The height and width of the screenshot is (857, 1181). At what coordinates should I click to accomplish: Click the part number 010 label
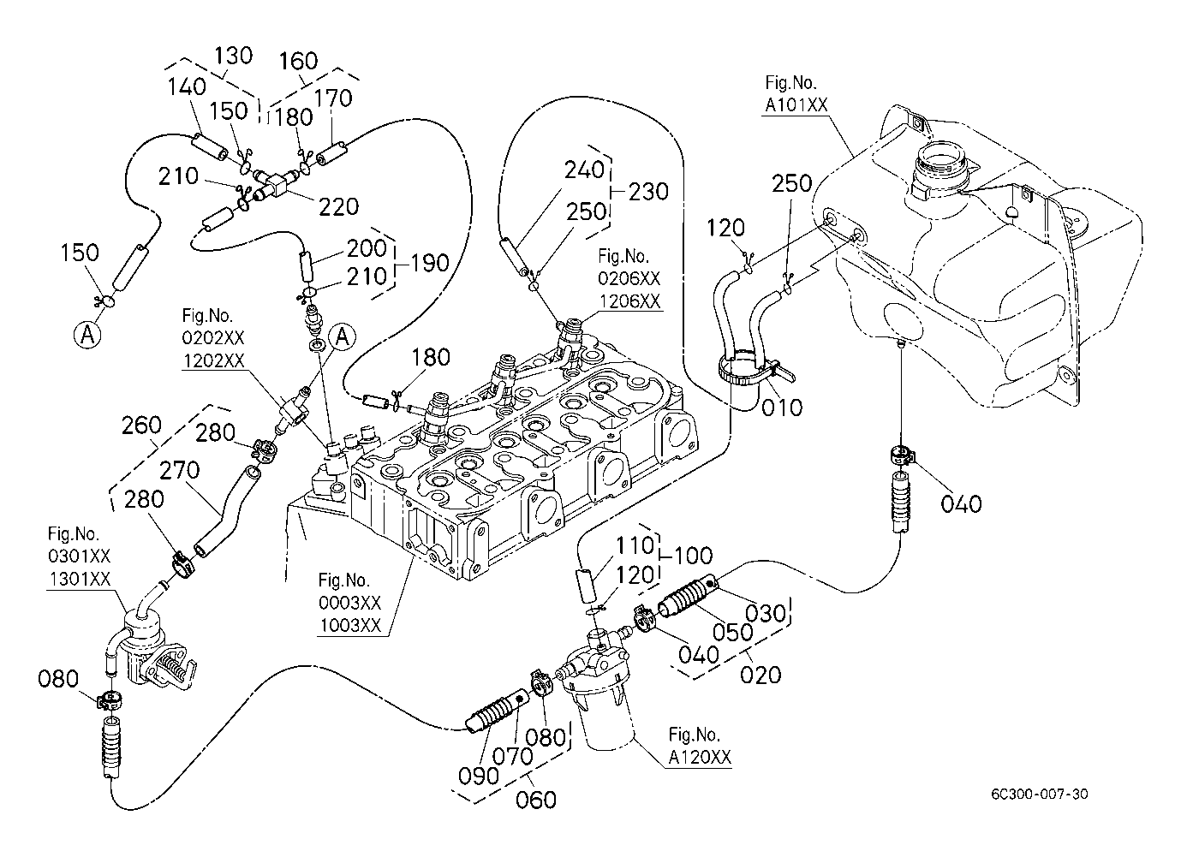(783, 407)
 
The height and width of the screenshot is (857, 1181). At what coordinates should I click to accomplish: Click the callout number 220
(339, 206)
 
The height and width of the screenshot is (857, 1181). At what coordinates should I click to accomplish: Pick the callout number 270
(180, 471)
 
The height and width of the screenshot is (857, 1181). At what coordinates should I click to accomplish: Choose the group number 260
(142, 425)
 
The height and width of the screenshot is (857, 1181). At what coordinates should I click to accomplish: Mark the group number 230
(648, 191)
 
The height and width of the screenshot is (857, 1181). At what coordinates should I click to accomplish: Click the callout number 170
(333, 98)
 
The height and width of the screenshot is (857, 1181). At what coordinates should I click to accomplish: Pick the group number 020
(760, 675)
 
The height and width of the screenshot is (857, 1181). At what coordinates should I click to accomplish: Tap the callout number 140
(188, 86)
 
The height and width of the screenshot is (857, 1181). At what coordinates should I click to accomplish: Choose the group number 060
(537, 799)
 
